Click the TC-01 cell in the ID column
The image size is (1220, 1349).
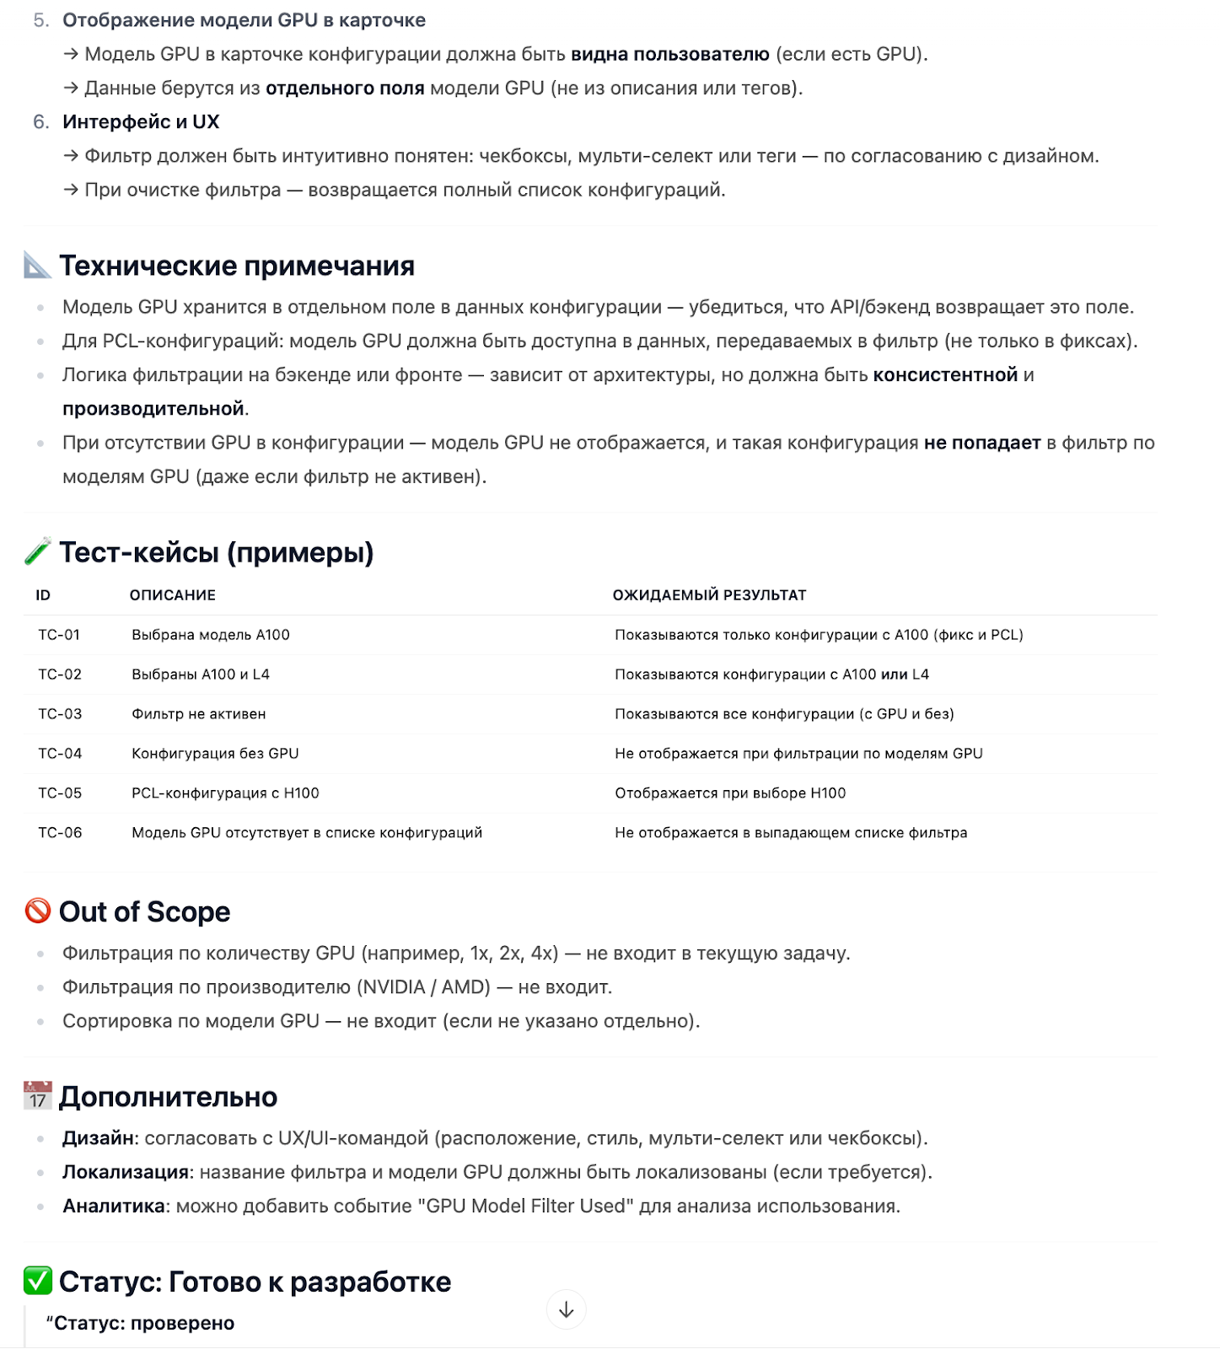(59, 635)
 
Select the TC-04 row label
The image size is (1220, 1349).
(60, 754)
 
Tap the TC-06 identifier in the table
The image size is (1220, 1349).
(60, 833)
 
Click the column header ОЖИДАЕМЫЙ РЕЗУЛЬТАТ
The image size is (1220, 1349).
(709, 595)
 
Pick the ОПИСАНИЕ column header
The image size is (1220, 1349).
(172, 595)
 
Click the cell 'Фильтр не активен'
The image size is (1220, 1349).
(198, 714)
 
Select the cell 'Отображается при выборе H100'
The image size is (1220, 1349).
(730, 793)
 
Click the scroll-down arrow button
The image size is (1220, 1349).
(566, 1309)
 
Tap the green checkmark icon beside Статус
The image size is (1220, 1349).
(38, 1282)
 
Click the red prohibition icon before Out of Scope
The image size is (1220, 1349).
(38, 911)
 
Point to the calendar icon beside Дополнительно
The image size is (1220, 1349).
(38, 1096)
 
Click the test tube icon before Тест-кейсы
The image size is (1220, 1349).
(38, 552)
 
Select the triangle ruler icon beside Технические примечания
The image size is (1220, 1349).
(38, 266)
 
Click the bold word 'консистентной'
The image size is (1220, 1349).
(945, 375)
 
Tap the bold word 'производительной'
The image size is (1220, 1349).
(153, 409)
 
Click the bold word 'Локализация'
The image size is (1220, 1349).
(126, 1172)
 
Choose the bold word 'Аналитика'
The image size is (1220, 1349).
(113, 1206)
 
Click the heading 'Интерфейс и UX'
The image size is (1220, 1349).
(141, 122)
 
